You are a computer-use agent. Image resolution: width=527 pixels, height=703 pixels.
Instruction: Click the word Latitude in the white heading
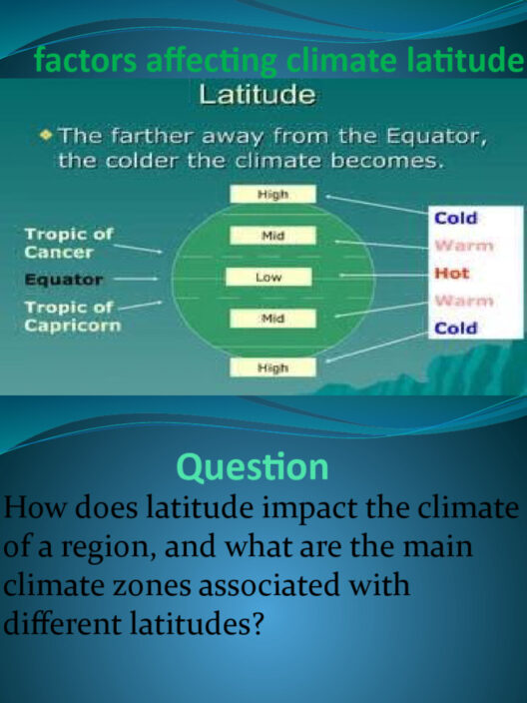coord(258,95)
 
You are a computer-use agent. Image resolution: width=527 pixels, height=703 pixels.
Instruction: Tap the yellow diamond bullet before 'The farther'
coord(46,135)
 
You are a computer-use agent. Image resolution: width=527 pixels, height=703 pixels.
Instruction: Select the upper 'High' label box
coord(272,194)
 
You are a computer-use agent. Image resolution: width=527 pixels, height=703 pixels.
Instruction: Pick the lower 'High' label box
coord(272,367)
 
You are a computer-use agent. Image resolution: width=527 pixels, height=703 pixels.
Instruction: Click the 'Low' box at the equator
coord(268,277)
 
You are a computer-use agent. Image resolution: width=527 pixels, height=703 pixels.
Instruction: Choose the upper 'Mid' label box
coord(272,236)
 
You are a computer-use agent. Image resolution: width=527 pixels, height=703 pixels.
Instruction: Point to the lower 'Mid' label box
coord(272,319)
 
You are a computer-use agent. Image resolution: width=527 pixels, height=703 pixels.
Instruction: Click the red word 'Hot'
coord(452,273)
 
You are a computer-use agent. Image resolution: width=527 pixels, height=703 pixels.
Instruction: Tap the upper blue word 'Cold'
coord(456,219)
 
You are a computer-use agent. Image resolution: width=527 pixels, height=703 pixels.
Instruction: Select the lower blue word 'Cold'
coord(456,329)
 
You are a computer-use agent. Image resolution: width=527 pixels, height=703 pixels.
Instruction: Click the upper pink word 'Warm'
coord(464,246)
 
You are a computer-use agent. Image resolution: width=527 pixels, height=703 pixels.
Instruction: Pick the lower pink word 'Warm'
coord(464,301)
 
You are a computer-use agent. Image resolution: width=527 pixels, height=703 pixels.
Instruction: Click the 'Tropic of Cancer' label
coord(69,243)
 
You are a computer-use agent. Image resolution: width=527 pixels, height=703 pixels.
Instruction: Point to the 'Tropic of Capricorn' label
coord(73,317)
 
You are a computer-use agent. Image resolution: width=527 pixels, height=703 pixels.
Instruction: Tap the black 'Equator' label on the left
coord(64,280)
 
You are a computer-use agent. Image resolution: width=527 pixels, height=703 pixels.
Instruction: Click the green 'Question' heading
coord(253,467)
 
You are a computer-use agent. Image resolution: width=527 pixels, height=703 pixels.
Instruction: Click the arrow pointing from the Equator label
coord(136,279)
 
